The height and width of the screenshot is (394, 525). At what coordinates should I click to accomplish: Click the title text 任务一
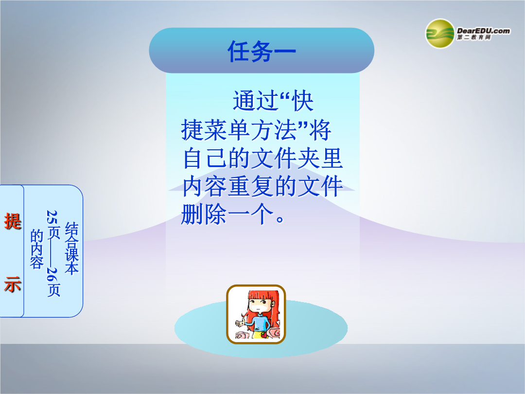pyautogui.click(x=262, y=51)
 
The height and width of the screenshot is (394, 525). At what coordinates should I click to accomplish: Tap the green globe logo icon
pyautogui.click(x=440, y=34)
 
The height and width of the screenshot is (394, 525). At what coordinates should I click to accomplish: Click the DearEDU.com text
pyautogui.click(x=484, y=31)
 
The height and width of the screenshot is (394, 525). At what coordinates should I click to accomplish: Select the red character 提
pyautogui.click(x=13, y=221)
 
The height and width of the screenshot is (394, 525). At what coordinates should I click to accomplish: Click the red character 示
pyautogui.click(x=13, y=285)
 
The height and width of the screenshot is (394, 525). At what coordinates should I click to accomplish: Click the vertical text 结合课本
pyautogui.click(x=71, y=248)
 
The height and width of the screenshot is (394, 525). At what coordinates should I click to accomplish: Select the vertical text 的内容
pyautogui.click(x=36, y=249)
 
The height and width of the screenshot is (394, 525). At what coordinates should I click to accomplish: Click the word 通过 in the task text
pyautogui.click(x=255, y=101)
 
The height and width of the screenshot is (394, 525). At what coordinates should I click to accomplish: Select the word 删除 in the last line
pyautogui.click(x=203, y=215)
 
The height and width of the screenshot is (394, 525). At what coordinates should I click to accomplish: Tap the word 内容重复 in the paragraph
pyautogui.click(x=227, y=186)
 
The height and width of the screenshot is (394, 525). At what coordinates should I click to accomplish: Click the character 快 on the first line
pyautogui.click(x=303, y=101)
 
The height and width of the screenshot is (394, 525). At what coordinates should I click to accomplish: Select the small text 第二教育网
pyautogui.click(x=474, y=37)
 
